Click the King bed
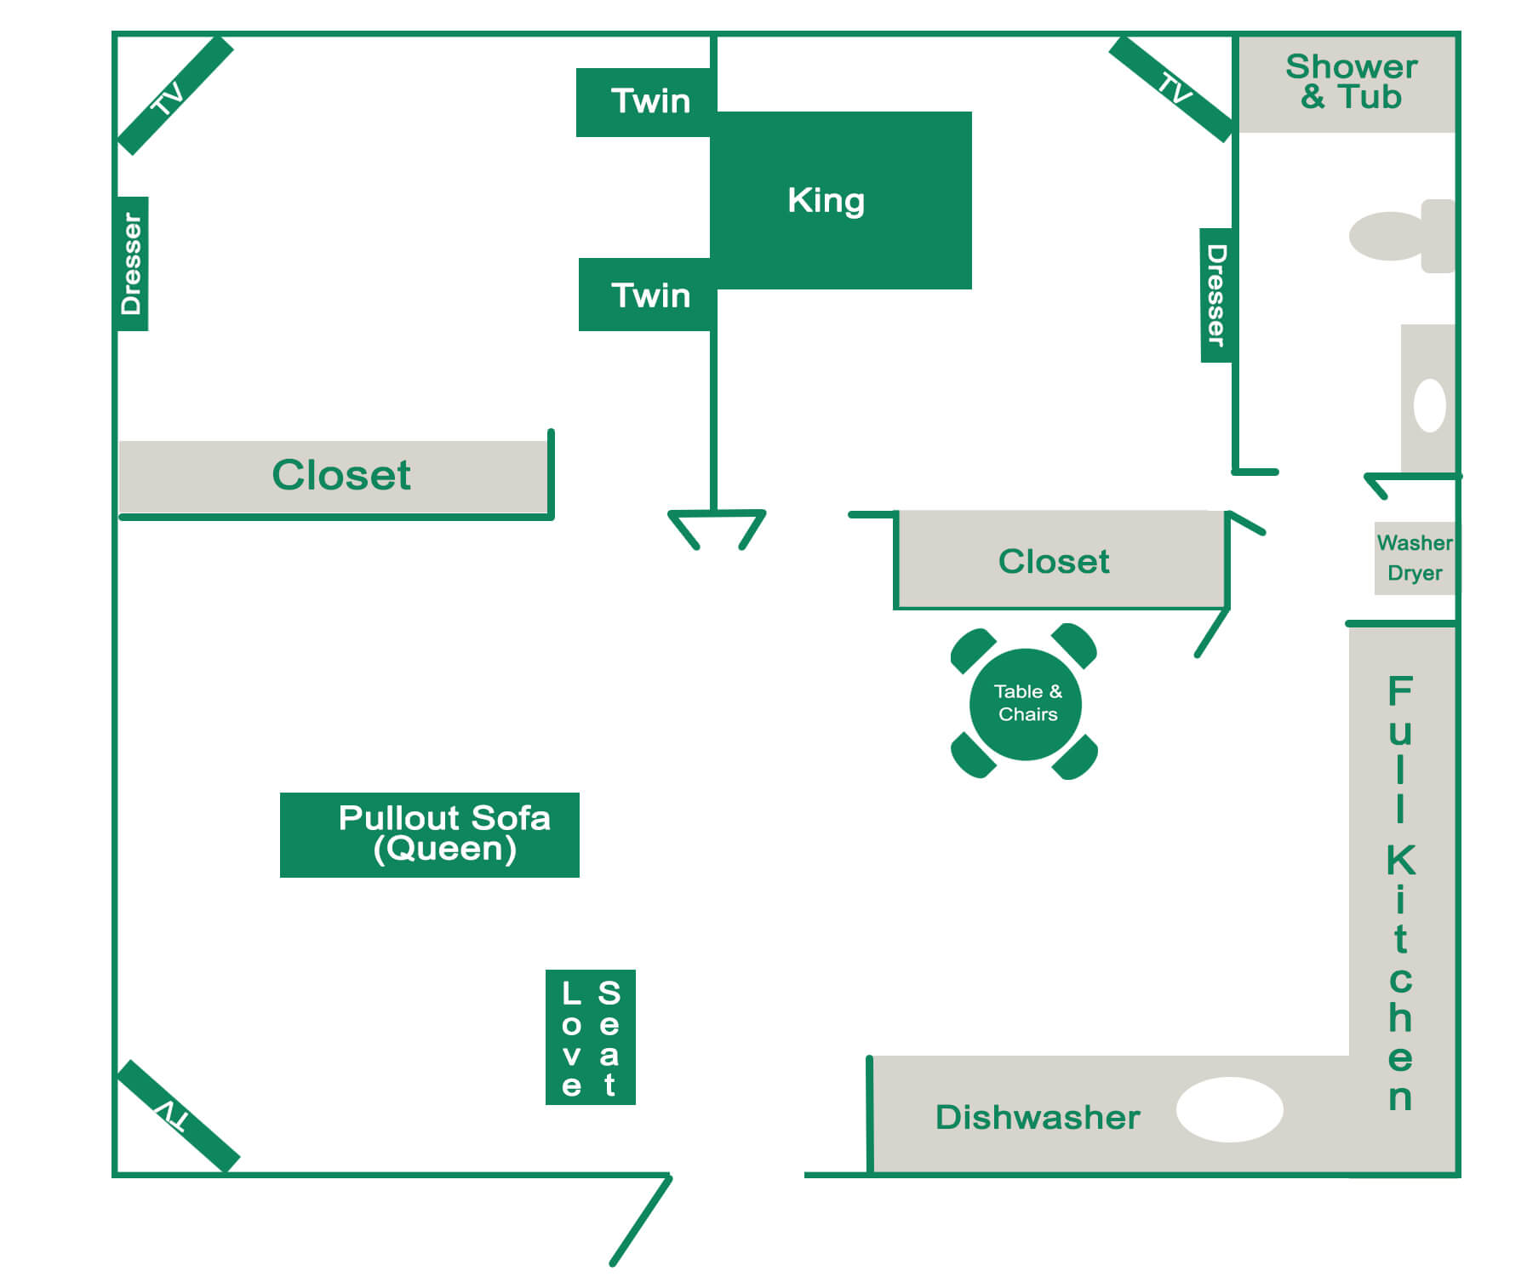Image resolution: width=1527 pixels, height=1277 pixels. [x=841, y=200]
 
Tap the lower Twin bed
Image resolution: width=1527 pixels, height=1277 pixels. [x=646, y=295]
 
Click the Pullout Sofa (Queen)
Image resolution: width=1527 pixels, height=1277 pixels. [x=430, y=834]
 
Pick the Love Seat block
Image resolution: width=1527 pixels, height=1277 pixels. [x=590, y=1037]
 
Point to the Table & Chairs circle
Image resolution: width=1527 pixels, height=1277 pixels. [x=1026, y=703]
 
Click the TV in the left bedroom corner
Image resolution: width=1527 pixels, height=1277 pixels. [x=174, y=95]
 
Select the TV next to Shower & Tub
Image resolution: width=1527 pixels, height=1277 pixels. [x=1171, y=89]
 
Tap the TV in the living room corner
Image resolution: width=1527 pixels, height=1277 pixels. [x=178, y=1115]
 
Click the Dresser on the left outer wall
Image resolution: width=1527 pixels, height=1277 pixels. [x=132, y=263]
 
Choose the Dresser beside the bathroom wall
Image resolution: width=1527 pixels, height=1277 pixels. [x=1215, y=295]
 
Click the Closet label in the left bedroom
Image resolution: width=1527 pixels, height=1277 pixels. [x=340, y=475]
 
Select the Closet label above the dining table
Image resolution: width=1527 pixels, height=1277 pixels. [x=1054, y=561]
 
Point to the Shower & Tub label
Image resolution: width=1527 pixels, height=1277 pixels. [x=1350, y=82]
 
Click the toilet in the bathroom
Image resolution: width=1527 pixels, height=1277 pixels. [x=1401, y=236]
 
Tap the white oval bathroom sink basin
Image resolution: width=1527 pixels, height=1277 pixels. [x=1429, y=405]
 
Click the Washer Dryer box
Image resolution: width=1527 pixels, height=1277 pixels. [x=1414, y=558]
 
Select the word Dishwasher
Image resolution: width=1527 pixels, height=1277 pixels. [x=1037, y=1117]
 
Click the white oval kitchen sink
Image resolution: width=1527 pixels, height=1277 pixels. [x=1229, y=1109]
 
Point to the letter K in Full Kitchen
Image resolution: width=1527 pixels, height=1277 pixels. [x=1400, y=860]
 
